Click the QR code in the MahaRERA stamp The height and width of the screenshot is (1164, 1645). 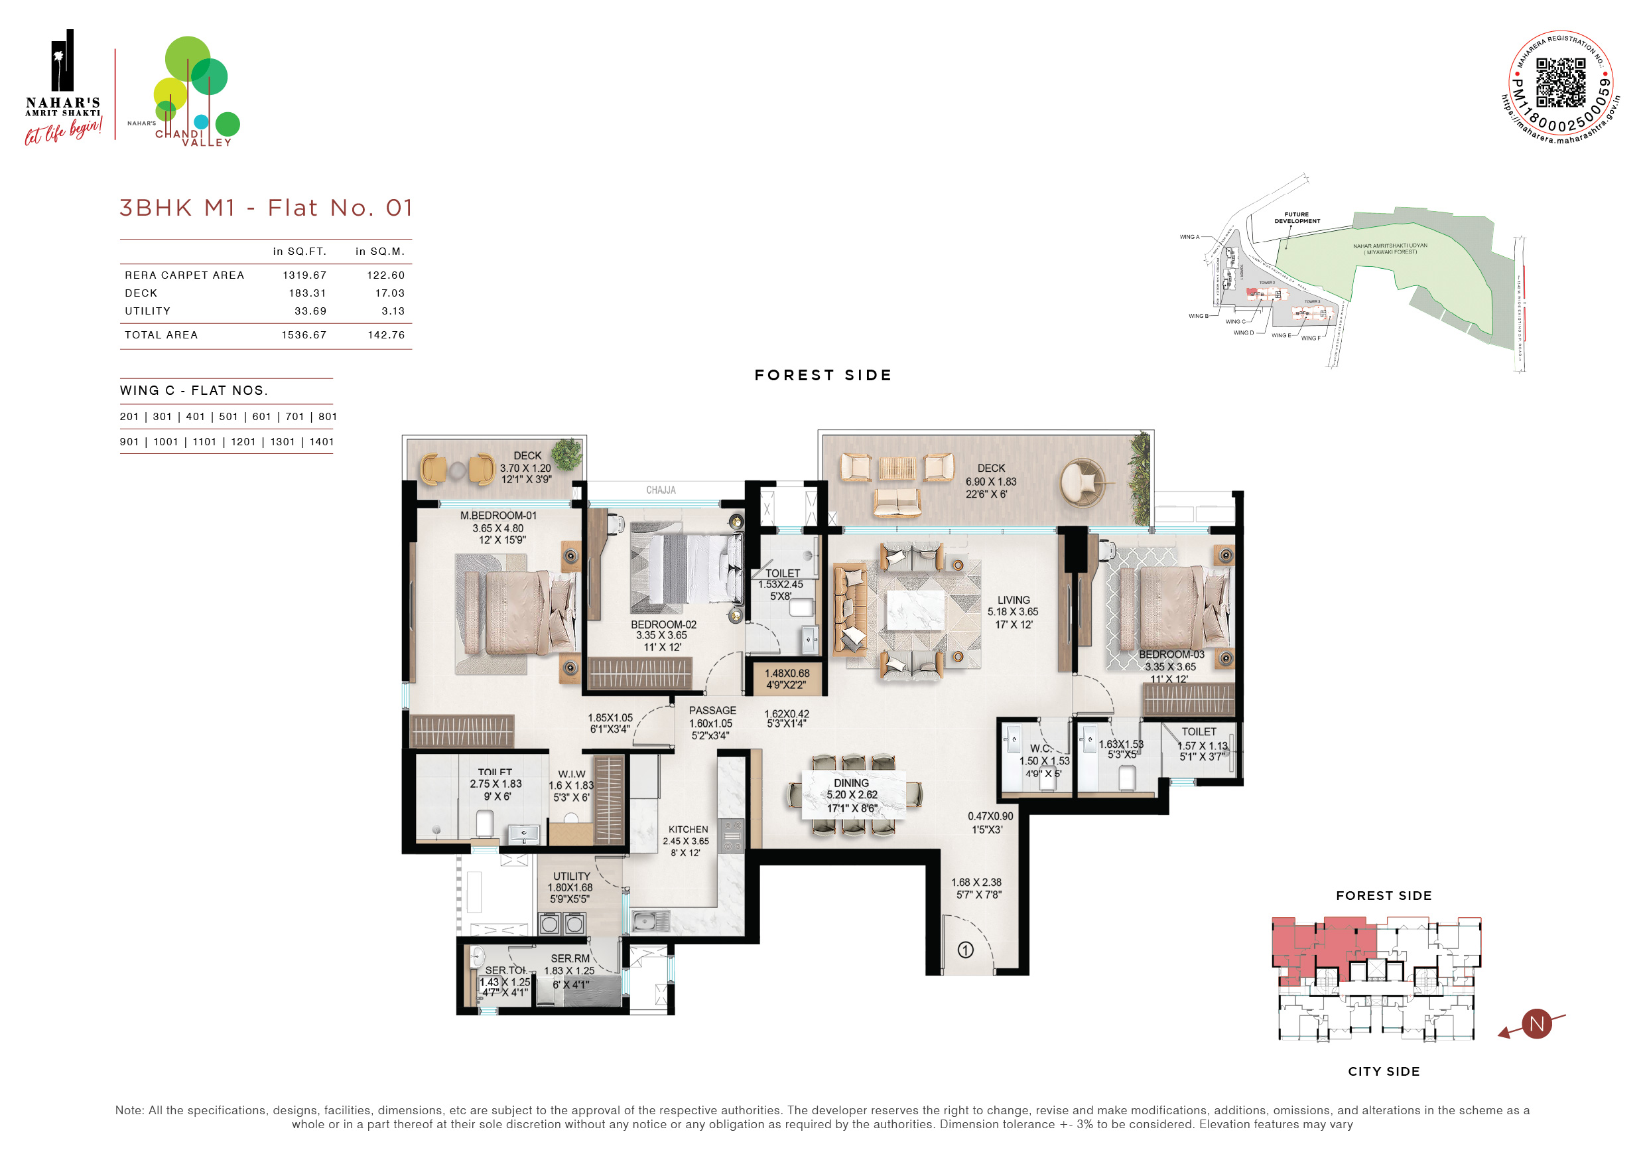1561,82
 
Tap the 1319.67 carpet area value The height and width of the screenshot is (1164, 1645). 304,275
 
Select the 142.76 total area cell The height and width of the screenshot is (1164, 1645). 386,334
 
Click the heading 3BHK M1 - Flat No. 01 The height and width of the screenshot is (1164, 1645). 267,208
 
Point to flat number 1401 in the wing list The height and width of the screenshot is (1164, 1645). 322,441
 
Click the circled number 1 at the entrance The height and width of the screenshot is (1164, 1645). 965,950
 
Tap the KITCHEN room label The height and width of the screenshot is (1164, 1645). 688,830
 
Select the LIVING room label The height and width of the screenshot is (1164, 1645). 1013,600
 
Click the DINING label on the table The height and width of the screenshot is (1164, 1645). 850,783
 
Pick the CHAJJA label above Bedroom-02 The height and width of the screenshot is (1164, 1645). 661,490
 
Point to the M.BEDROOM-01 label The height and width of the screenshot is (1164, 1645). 498,516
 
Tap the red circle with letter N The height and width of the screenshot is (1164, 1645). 1536,1023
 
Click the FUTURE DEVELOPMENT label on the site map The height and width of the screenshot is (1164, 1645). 1296,217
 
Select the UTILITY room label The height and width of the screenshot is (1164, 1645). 571,876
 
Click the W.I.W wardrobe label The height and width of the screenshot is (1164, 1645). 571,774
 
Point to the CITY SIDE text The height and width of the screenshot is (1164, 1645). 1383,1072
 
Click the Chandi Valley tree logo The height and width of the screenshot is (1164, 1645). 195,90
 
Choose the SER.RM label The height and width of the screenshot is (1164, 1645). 570,958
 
